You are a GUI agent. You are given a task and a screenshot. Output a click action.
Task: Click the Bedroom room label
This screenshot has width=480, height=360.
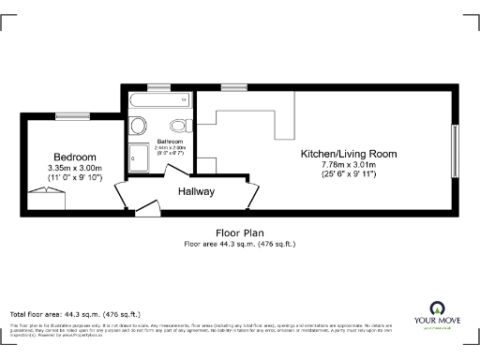coord(74,157)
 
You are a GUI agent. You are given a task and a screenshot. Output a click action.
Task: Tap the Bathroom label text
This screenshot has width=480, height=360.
coord(171,141)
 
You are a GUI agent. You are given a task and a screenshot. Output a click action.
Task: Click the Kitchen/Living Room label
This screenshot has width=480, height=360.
coord(348,154)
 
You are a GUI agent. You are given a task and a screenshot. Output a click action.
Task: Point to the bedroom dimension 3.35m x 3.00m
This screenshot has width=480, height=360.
coord(74,168)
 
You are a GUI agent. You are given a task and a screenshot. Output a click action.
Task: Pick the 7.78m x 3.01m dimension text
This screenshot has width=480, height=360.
coord(348,164)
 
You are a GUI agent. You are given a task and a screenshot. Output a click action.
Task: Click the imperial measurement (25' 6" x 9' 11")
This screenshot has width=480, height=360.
coord(348,174)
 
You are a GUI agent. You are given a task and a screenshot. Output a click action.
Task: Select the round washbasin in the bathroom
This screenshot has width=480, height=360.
coord(138,126)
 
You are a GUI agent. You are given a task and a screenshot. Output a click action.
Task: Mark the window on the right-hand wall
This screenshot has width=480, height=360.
coord(456,146)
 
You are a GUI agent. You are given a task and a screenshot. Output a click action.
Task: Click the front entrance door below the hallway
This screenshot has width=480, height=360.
coord(142,210)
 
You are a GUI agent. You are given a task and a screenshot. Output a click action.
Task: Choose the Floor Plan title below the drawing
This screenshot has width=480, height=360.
coord(239,233)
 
